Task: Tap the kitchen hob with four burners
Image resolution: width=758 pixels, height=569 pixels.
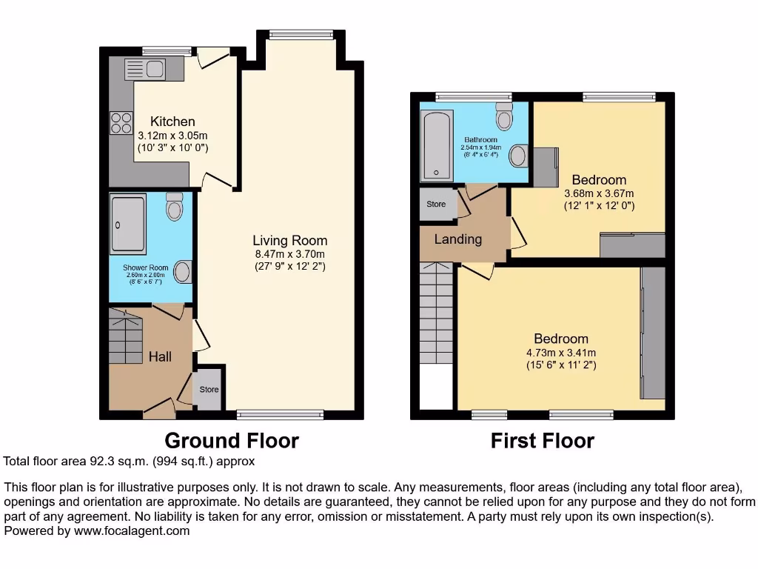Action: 121,122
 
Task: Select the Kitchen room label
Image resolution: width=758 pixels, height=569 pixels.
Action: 172,122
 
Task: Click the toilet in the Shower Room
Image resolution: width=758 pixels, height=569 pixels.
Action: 175,207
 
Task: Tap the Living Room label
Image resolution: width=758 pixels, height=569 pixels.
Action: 289,241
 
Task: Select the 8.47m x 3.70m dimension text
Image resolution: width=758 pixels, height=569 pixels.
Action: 289,253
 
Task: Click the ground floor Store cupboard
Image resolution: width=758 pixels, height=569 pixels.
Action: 209,388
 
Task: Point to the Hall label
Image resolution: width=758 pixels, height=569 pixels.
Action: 160,357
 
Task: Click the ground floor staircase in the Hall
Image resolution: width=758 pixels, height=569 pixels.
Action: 125,336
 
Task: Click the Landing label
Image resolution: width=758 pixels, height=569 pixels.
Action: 457,239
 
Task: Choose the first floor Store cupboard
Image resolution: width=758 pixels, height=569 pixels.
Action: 436,204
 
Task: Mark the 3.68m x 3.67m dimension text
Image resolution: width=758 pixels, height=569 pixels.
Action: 599,193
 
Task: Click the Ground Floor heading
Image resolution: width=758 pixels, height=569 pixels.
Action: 231,441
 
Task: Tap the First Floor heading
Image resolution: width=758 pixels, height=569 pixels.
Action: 542,441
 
